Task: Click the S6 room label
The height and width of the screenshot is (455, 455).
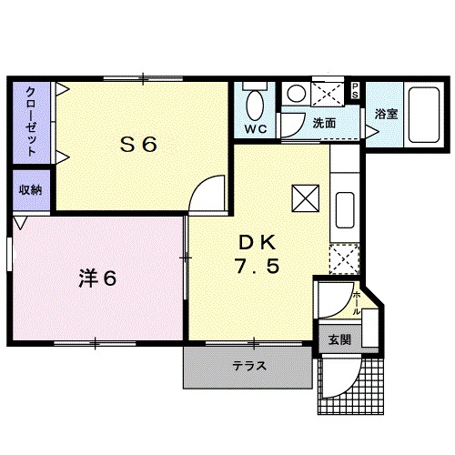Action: point(140,144)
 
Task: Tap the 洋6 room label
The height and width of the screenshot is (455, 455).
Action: point(96,278)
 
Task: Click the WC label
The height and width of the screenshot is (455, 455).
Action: point(256,129)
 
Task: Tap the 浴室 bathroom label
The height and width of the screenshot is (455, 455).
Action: point(385,114)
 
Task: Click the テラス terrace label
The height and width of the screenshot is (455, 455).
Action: point(248,367)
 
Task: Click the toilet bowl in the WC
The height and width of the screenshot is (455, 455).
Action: point(256,102)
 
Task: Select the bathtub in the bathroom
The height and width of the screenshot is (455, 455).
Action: point(421,116)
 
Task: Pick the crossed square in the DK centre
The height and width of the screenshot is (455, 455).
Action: point(304,196)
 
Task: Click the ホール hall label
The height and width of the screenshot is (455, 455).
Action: point(356,300)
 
